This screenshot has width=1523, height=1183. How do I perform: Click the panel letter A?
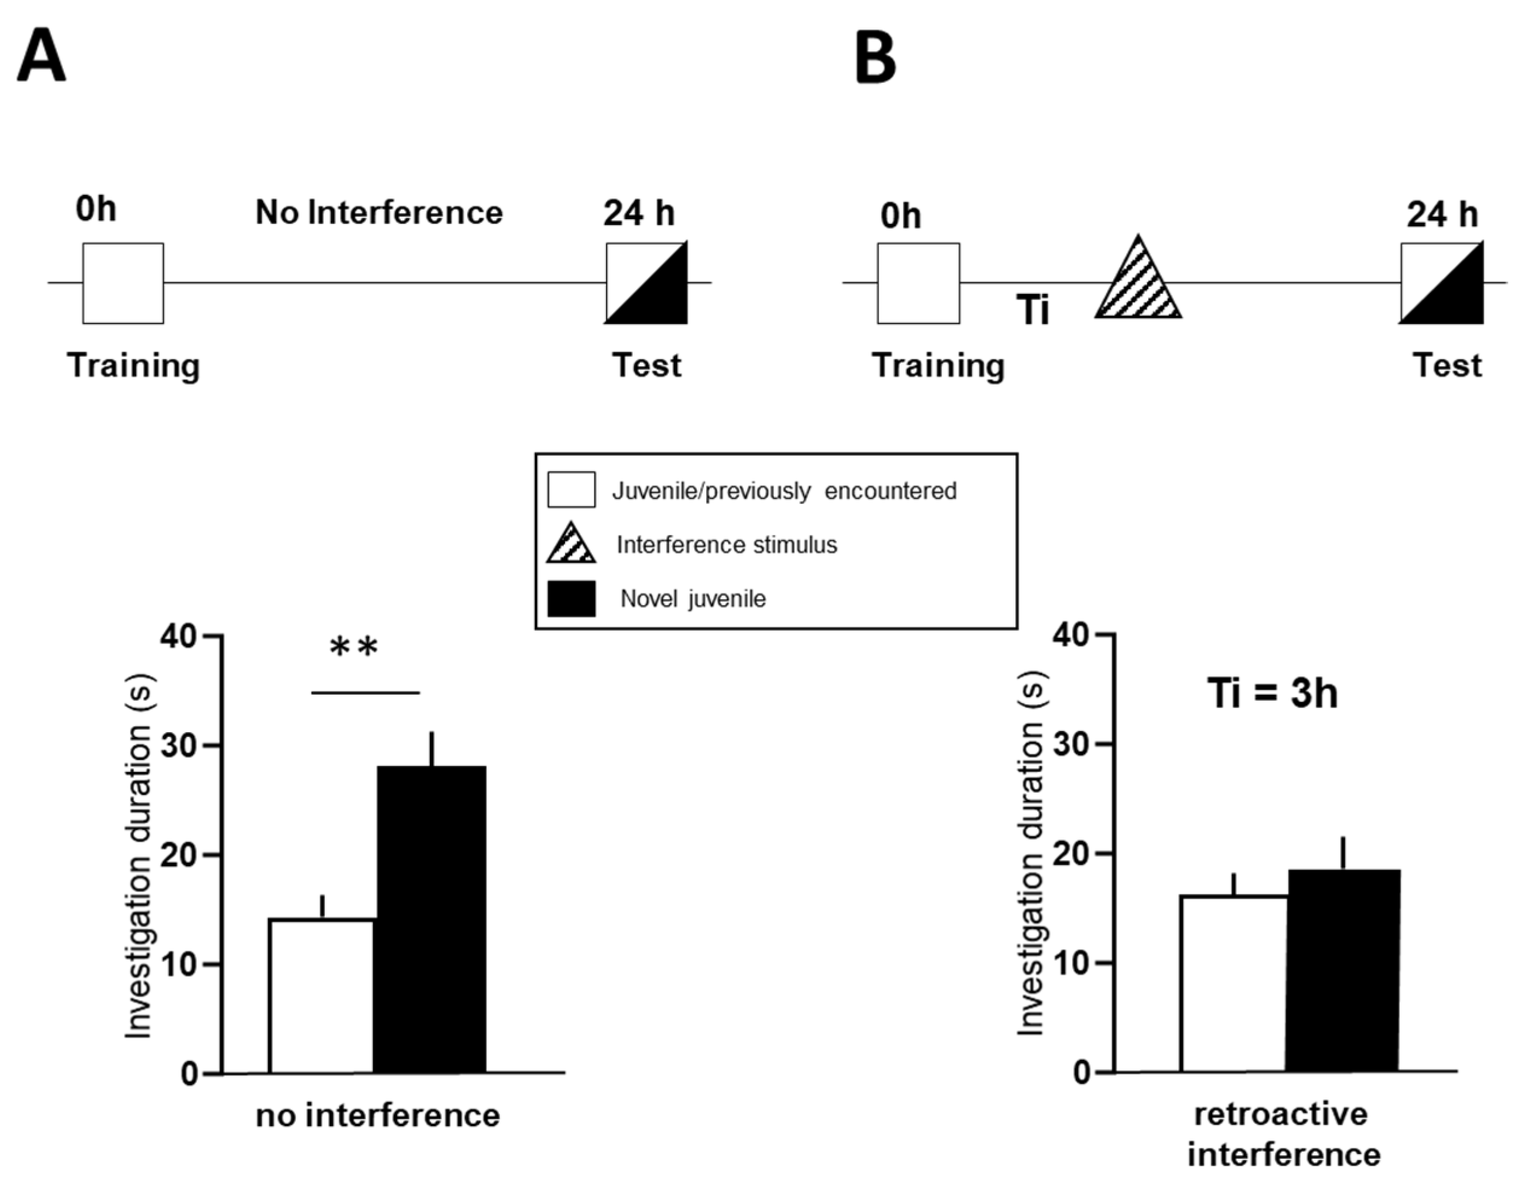(x=41, y=57)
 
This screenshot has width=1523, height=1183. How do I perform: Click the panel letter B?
(x=875, y=57)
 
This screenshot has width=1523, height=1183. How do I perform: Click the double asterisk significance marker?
(x=354, y=649)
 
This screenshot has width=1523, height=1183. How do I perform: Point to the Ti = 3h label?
(x=1272, y=694)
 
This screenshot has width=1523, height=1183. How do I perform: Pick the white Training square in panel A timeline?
(x=123, y=283)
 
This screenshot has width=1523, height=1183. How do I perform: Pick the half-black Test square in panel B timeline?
(x=1442, y=283)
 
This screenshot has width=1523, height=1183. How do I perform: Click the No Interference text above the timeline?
(x=378, y=212)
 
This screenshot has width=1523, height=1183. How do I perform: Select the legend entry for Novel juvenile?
(x=692, y=599)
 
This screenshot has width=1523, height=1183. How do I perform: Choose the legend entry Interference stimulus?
(x=726, y=544)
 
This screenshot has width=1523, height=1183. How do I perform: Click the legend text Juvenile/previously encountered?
(x=784, y=491)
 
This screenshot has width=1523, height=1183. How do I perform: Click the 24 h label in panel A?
(x=639, y=212)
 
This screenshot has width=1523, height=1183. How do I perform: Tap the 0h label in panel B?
(x=900, y=215)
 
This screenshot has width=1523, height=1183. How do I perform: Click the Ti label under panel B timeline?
(x=1033, y=310)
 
